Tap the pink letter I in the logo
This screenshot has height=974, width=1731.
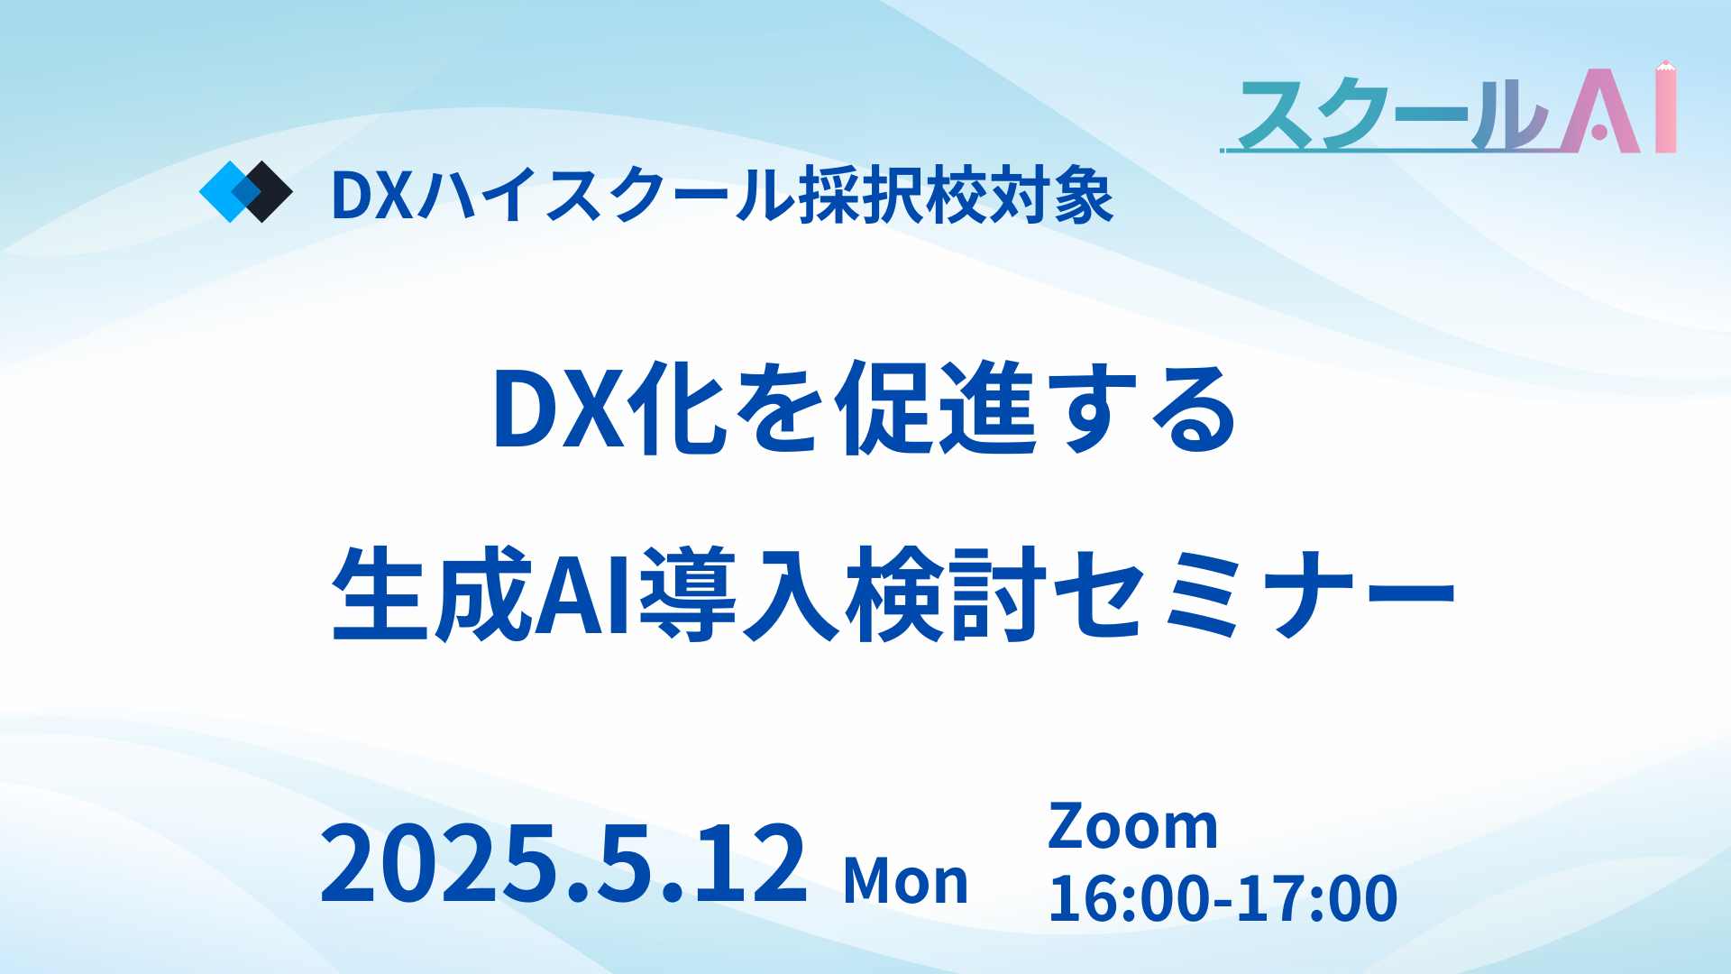pos(1665,109)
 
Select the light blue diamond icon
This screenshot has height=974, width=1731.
pos(226,191)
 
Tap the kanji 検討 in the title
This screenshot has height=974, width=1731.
pos(946,594)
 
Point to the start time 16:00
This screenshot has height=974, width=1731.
pos(1131,898)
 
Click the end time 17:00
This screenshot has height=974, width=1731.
pos(1317,898)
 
